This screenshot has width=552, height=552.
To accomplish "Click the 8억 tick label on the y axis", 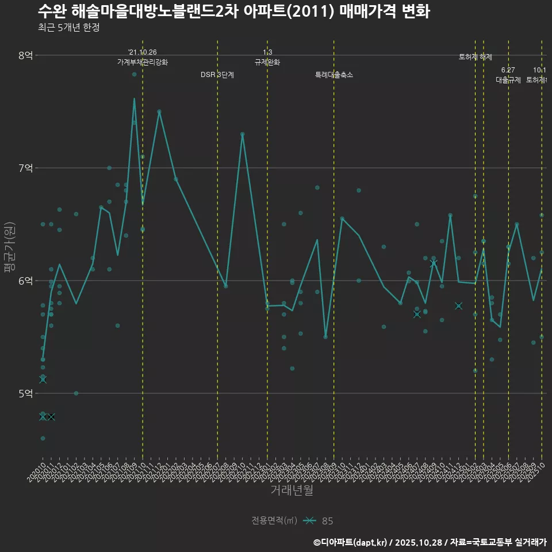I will pyautogui.click(x=26, y=55).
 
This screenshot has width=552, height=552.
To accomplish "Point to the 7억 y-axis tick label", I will pyautogui.click(x=26, y=168).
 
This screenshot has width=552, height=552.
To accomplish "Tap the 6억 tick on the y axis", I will pyautogui.click(x=26, y=281).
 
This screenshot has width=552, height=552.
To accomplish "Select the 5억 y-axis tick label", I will pyautogui.click(x=26, y=393).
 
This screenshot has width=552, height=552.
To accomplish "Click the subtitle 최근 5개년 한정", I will pyautogui.click(x=69, y=28).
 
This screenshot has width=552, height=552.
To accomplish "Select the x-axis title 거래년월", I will pyautogui.click(x=292, y=490).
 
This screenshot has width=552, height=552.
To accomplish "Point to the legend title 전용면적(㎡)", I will pyautogui.click(x=274, y=521).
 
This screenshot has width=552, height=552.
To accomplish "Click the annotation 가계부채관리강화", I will pyautogui.click(x=143, y=62).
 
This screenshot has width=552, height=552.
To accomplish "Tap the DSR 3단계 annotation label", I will pyautogui.click(x=217, y=75).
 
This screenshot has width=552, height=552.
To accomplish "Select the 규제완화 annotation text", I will pyautogui.click(x=267, y=62).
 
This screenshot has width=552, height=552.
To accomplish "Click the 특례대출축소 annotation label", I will pyautogui.click(x=334, y=75).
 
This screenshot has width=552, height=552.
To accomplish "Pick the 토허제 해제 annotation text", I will pyautogui.click(x=476, y=57).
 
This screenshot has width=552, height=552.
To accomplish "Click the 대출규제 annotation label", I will pyautogui.click(x=508, y=80).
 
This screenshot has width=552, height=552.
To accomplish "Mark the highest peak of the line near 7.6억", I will pyautogui.click(x=134, y=98).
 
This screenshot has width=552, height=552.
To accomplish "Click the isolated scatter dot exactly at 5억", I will pyautogui.click(x=76, y=393).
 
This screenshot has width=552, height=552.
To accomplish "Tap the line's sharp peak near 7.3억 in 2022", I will pyautogui.click(x=243, y=134).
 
